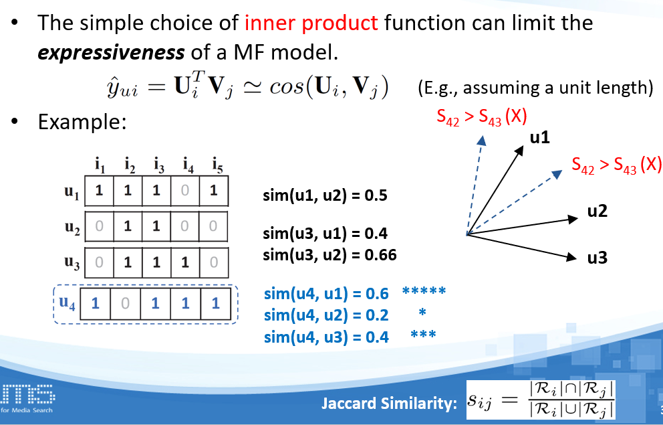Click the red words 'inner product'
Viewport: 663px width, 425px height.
pos(311,23)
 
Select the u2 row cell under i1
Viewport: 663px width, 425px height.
pos(99,226)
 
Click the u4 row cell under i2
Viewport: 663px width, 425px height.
pos(125,304)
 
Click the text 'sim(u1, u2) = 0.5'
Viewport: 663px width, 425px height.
pos(325,196)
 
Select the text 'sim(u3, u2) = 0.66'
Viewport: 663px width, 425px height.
pos(329,255)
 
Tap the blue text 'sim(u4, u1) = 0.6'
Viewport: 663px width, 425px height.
pos(326,293)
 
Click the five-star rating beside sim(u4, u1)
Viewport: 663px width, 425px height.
pos(424,292)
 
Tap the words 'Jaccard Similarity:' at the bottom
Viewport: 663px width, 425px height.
pos(389,403)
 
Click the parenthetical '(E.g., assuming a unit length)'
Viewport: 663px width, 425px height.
pos(534,88)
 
